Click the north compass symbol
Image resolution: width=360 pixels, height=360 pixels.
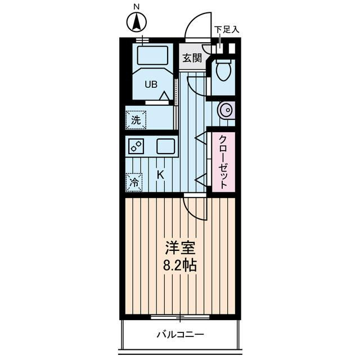click(137, 22)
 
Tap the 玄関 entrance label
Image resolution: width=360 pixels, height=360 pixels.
click(192, 58)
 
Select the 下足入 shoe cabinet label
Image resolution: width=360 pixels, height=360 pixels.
click(227, 30)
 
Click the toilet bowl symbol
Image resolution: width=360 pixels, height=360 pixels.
click(224, 70)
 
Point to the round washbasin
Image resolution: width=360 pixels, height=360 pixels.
click(227, 110)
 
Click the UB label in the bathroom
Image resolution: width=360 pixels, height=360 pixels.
click(151, 84)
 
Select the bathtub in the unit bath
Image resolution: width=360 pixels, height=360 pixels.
click(152, 55)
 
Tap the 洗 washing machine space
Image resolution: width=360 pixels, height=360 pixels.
click(136, 120)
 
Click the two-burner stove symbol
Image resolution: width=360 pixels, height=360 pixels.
click(136, 146)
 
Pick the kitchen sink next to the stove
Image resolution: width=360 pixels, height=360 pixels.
click(166, 146)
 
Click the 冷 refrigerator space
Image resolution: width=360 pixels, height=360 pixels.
click(134, 182)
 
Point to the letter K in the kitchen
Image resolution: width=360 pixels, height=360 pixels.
click(160, 175)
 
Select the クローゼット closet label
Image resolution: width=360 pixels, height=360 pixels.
click(223, 162)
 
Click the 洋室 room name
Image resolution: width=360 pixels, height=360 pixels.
click(180, 248)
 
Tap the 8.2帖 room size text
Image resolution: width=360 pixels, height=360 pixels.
click(180, 265)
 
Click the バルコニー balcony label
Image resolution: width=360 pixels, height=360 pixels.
click(180, 335)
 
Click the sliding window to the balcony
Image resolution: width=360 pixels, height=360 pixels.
click(180, 317)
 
